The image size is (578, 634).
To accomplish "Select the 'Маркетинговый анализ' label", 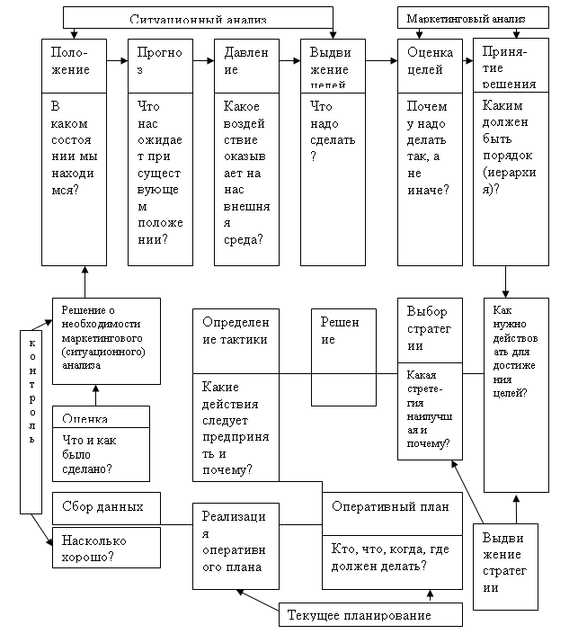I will coord(474,18).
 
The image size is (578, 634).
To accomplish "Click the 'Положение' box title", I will coord(71,61).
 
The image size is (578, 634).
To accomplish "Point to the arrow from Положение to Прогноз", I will coord(113,61).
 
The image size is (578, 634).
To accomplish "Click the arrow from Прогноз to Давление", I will coord(200,61).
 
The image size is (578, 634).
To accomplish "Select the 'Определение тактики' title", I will coord(235,331).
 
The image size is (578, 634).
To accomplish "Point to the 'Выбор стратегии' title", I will coord(429,329).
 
